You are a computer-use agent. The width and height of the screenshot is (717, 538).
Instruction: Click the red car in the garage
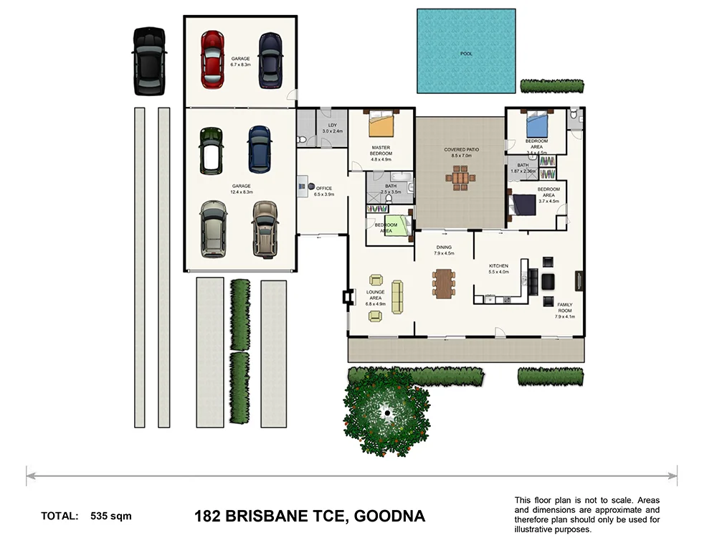(214, 59)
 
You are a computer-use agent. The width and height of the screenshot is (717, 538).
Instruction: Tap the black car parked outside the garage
(148, 62)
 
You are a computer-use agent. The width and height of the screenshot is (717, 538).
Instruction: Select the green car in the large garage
(212, 149)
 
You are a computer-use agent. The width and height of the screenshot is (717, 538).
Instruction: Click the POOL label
(466, 54)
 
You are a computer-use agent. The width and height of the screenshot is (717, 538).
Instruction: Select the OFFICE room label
(325, 190)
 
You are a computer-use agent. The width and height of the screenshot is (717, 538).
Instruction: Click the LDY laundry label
(333, 128)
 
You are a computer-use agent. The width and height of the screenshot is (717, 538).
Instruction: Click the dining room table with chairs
(444, 282)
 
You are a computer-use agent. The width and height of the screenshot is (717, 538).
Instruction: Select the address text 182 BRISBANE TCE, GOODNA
(310, 516)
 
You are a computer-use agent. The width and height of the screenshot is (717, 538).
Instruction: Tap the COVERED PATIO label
(461, 152)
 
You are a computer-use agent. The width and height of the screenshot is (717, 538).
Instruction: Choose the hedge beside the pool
(553, 86)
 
